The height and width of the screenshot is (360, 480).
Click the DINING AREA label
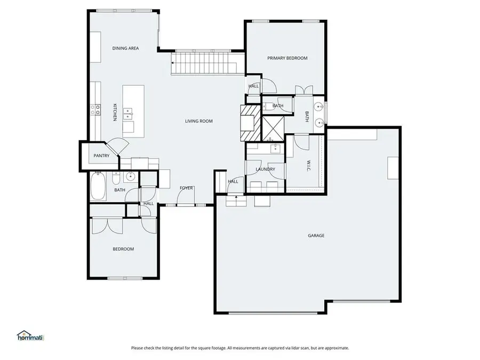point(125,49)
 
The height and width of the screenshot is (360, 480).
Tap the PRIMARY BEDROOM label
point(287,58)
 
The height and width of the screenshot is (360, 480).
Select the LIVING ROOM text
point(198,121)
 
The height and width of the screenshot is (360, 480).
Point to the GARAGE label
point(316,235)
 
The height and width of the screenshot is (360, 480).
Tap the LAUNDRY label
point(265,170)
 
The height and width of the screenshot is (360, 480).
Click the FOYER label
point(186,188)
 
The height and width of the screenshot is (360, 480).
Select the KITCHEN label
point(115,111)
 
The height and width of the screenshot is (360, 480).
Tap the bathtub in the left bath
point(98,186)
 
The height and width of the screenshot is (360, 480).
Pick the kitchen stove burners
point(95,110)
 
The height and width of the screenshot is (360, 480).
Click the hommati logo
point(30,336)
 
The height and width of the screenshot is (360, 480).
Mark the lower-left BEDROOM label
point(123,249)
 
